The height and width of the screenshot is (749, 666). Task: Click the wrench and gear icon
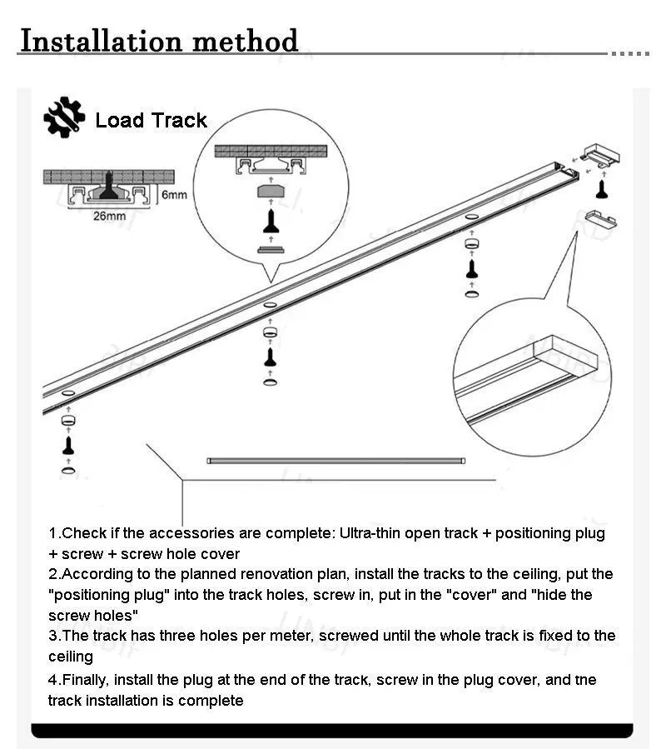(64, 118)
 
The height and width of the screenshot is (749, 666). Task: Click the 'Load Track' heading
(151, 121)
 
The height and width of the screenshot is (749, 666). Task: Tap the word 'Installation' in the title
(98, 40)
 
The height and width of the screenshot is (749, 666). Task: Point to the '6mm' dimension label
(173, 196)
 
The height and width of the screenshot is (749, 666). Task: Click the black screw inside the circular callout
(271, 221)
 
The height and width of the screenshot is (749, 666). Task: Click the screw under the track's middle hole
(270, 356)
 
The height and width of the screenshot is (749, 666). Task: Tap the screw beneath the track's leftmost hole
(68, 443)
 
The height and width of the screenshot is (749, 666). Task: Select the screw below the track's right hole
(471, 268)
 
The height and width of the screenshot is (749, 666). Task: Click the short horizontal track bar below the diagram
(336, 460)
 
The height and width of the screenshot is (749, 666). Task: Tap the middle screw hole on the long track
(270, 306)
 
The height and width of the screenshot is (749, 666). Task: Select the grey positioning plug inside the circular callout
(271, 190)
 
